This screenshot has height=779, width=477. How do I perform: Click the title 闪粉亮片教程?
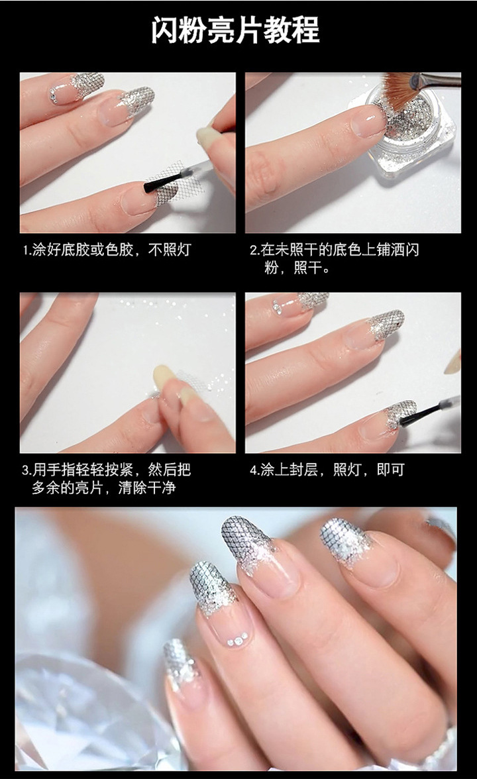tap(236, 30)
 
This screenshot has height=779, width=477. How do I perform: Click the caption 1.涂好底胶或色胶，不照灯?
tap(107, 249)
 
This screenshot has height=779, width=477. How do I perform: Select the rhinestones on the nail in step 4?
tap(278, 306)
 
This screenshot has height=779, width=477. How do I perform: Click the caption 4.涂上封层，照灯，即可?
tap(327, 470)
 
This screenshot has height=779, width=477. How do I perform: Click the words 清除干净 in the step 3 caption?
tap(147, 488)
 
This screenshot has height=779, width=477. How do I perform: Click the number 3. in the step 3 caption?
tap(26, 470)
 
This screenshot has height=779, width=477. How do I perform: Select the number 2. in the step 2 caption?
tap(255, 250)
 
